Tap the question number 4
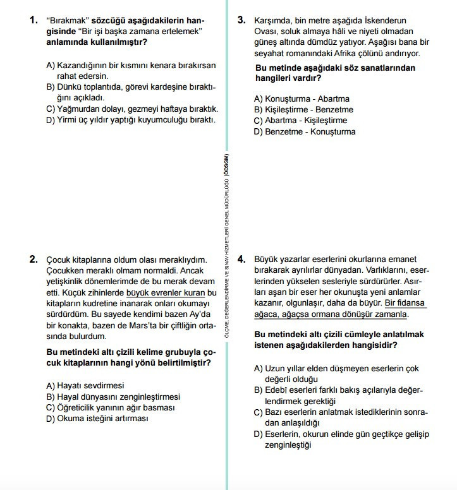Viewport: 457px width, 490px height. pyautogui.click(x=241, y=259)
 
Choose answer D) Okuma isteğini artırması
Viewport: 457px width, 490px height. pyautogui.click(x=97, y=418)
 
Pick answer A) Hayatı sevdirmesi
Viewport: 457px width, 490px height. pyautogui.click(x=85, y=385)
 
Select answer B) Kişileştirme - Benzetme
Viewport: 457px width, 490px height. pyautogui.click(x=303, y=109)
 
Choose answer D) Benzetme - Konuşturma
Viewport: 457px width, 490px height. pyautogui.click(x=305, y=131)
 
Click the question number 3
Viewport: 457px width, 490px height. pyautogui.click(x=241, y=20)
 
